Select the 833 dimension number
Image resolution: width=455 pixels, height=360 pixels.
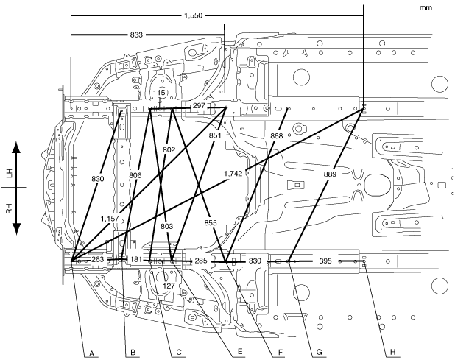click(x=135, y=35)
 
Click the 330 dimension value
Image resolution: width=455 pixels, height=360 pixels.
click(x=255, y=261)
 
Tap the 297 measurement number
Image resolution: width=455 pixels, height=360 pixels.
click(x=198, y=106)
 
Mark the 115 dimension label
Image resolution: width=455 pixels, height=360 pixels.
click(x=161, y=91)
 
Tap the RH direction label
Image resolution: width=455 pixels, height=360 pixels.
click(x=10, y=208)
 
